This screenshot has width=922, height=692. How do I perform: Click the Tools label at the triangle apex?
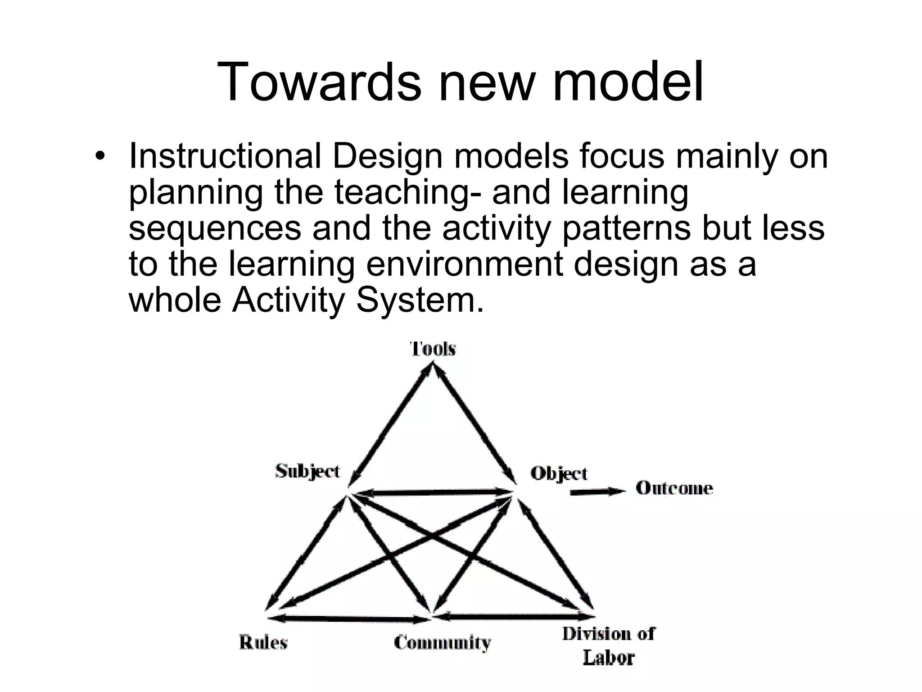coord(433,349)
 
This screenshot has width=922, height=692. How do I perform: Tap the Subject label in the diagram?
coord(307,472)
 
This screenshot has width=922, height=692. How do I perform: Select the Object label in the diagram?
coord(559,474)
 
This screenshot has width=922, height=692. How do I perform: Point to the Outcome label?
coord(674,488)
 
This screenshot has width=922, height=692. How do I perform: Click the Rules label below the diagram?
coord(263,642)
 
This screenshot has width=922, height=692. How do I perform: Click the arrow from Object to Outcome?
coord(597,492)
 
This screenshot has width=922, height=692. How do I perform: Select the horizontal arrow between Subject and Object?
coord(432,493)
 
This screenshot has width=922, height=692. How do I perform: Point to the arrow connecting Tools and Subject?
coord(392,423)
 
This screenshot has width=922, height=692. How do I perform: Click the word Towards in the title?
coord(319,82)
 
